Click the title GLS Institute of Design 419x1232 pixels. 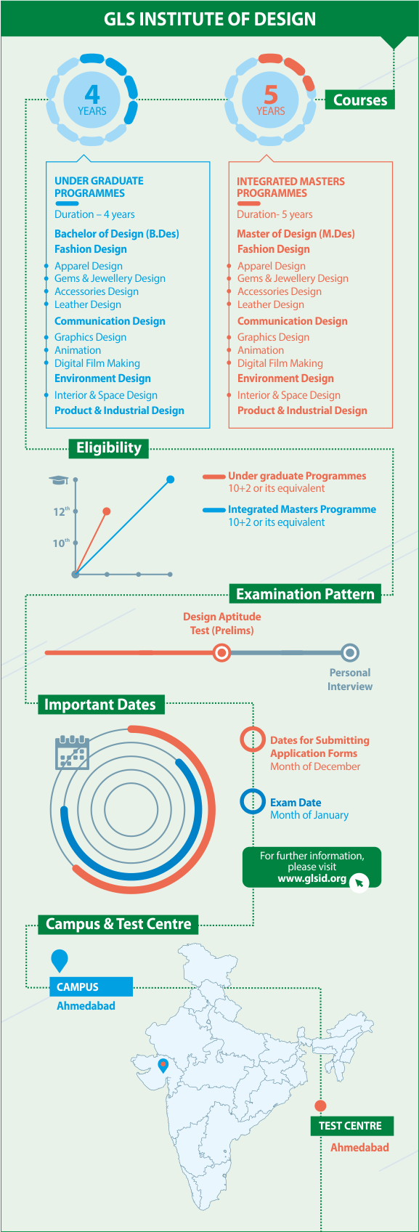[x=209, y=19]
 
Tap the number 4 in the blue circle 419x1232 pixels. [x=91, y=94]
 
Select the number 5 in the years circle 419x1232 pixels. [x=271, y=94]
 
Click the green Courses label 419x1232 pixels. [x=359, y=100]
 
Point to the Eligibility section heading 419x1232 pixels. [x=108, y=448]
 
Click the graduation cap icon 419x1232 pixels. [x=58, y=480]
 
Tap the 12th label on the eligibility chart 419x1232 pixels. [x=61, y=511]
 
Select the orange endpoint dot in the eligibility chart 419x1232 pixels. [x=107, y=511]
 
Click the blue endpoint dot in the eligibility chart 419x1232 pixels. [x=171, y=479]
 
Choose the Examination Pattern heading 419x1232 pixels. [x=304, y=594]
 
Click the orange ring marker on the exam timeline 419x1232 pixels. [x=221, y=653]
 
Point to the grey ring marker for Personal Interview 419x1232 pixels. [x=350, y=653]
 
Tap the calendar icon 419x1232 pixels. [x=72, y=753]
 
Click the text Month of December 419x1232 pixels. [x=315, y=766]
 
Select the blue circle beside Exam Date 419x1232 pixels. [x=253, y=801]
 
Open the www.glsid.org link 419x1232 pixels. [x=312, y=878]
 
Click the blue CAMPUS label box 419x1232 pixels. [x=91, y=986]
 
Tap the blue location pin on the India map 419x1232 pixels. [x=163, y=1066]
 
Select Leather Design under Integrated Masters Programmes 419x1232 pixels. [x=271, y=304]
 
